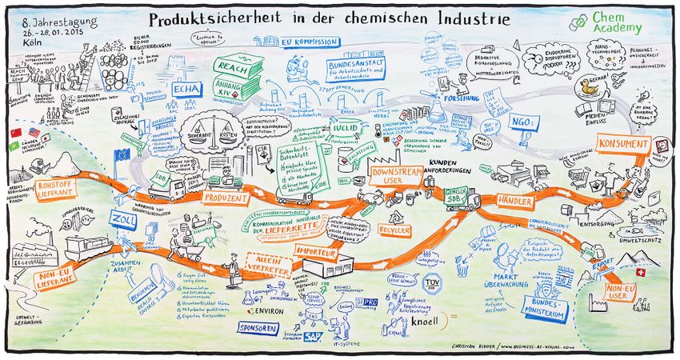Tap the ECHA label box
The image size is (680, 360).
(x=186, y=89)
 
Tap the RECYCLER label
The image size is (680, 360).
(x=395, y=230)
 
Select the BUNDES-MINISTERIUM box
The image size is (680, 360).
(x=545, y=307)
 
